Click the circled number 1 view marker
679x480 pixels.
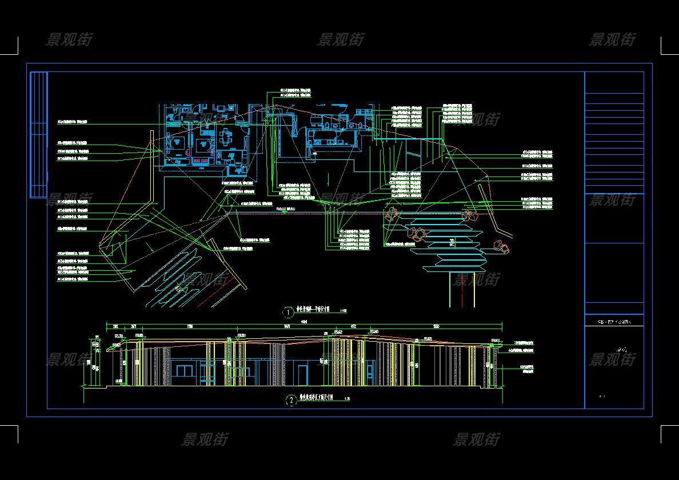(x=289, y=312)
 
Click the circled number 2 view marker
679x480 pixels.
(x=291, y=400)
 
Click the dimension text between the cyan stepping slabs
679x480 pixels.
(x=452, y=244)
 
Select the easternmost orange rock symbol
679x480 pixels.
(x=501, y=246)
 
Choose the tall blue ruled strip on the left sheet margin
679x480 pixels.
(x=38, y=135)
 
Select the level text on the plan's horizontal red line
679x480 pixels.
(x=286, y=209)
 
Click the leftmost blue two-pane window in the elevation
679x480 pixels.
(x=183, y=371)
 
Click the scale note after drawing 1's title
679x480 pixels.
(x=343, y=311)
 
